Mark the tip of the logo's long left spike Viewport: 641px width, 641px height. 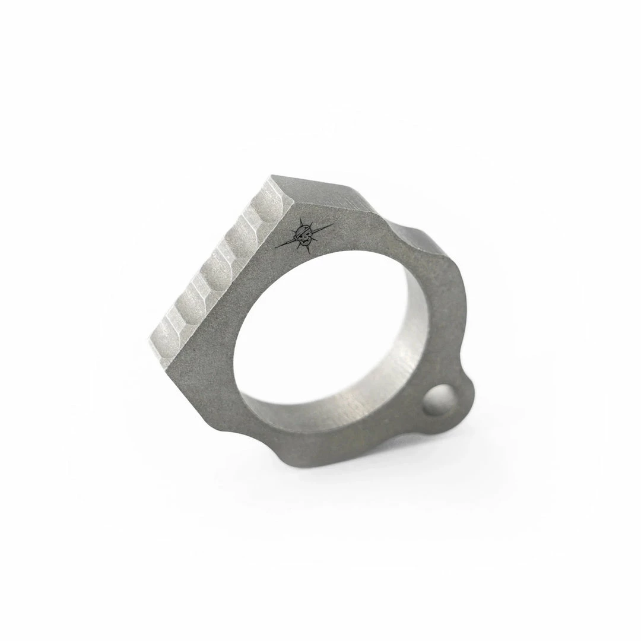click(277, 247)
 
